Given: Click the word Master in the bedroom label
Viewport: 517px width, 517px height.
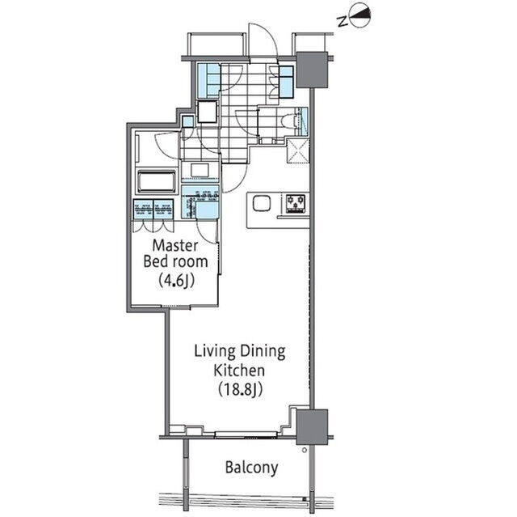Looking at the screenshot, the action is point(175,246).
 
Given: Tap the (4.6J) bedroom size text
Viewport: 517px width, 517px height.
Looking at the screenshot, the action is point(176,281).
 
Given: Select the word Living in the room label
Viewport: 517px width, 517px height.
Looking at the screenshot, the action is point(212,352).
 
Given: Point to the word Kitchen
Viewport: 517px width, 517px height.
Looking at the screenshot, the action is point(239,370).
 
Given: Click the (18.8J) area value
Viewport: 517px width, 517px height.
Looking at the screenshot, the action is point(240,389).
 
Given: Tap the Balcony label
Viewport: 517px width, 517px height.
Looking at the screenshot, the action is point(251,468).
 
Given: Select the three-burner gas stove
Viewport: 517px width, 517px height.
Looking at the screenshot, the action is point(295,203).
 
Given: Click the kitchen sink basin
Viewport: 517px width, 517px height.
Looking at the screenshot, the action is point(262,203).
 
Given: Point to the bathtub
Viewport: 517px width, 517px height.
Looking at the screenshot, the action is point(157,181).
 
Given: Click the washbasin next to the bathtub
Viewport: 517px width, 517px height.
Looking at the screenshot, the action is point(200,171).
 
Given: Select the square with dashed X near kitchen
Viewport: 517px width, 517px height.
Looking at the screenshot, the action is point(298,151).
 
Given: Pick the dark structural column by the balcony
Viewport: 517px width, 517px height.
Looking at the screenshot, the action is point(312,427).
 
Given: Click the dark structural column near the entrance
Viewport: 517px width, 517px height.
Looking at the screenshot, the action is point(312,70).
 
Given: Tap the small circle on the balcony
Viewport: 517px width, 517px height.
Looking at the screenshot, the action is point(305,450).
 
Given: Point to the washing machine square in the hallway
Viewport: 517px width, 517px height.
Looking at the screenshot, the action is point(208,112).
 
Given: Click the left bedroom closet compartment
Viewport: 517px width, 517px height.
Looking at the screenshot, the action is point(143,210).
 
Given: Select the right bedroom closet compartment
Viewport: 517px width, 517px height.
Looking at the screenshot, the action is point(163,210).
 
